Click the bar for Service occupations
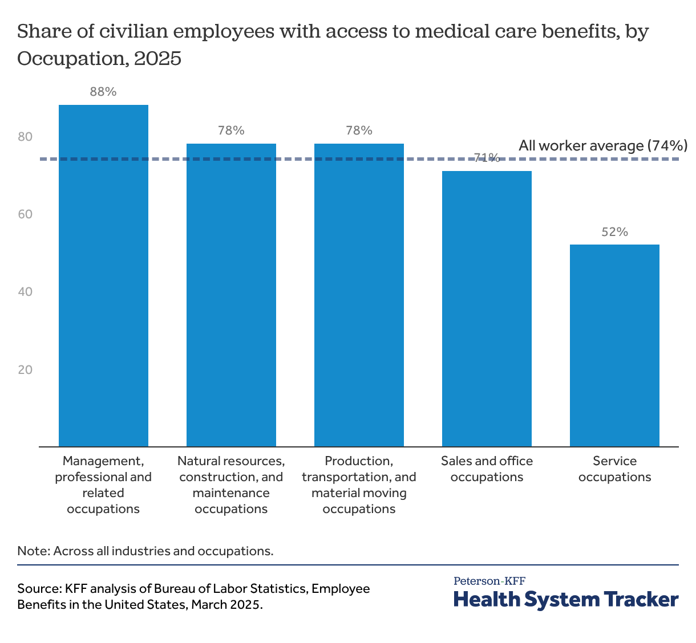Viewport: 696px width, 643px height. pyautogui.click(x=614, y=345)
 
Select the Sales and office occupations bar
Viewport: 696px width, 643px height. pyautogui.click(x=487, y=308)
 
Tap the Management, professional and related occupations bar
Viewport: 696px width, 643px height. pyautogui.click(x=103, y=275)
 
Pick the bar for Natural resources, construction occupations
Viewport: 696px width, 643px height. pyautogui.click(x=231, y=295)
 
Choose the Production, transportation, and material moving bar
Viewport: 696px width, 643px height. pyautogui.click(x=359, y=295)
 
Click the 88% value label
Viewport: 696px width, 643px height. pyautogui.click(x=103, y=92)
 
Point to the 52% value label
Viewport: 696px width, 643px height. pyautogui.click(x=614, y=232)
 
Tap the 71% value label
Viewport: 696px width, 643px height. pyautogui.click(x=487, y=158)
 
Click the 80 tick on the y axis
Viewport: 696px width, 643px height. pyautogui.click(x=25, y=137)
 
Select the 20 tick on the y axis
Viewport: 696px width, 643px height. pyautogui.click(x=25, y=369)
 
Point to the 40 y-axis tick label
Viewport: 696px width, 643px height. pyautogui.click(x=25, y=292)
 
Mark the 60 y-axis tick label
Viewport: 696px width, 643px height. pyautogui.click(x=25, y=214)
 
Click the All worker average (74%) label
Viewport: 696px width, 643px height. pyautogui.click(x=602, y=145)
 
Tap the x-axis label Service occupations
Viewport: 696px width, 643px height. pyautogui.click(x=614, y=469)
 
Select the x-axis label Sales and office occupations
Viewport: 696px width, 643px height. pyautogui.click(x=487, y=469)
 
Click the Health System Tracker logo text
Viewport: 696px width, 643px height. pyautogui.click(x=566, y=600)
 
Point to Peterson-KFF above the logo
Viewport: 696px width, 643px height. pyautogui.click(x=489, y=581)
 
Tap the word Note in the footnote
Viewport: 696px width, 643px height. pyautogui.click(x=33, y=551)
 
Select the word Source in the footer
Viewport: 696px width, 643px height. pyautogui.click(x=38, y=588)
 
